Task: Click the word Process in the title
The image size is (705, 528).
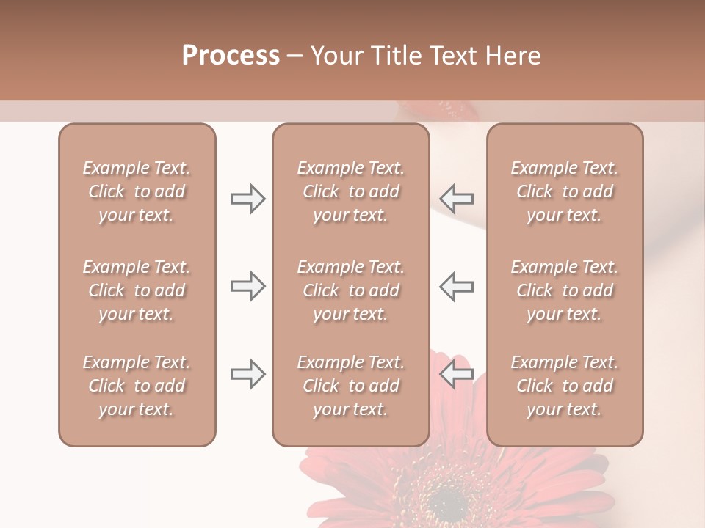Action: pos(231,56)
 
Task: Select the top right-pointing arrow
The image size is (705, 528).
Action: pos(248,199)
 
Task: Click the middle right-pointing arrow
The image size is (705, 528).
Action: pos(248,287)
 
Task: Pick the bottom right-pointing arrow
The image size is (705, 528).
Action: pos(248,374)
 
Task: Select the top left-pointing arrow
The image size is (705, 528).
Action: pos(457,199)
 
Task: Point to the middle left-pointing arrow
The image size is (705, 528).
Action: pos(457,287)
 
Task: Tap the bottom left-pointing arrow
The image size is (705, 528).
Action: pos(457,374)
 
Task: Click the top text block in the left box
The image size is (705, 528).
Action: pos(137,191)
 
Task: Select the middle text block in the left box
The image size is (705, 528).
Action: pos(137,290)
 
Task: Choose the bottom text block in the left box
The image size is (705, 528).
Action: pos(137,386)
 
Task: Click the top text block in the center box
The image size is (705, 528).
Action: pos(351,191)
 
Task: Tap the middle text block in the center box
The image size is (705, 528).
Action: pos(351,290)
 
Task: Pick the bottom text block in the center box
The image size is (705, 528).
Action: pos(351,386)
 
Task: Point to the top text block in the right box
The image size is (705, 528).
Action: pos(565,191)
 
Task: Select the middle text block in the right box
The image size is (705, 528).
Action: pos(565,290)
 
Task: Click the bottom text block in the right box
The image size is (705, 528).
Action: pos(565,386)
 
